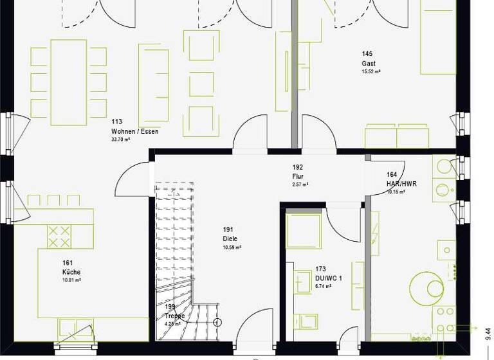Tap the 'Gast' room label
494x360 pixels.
click(369, 64)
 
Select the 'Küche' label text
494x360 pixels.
click(71, 272)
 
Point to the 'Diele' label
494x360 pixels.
click(230, 239)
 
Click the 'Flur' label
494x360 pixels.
click(298, 176)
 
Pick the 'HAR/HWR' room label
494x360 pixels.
click(401, 183)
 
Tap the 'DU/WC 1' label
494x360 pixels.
click(329, 278)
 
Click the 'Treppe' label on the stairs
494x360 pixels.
click(174, 316)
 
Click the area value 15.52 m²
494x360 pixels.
click(370, 72)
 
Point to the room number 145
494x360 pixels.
click(367, 54)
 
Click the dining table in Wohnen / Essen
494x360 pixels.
click(68, 82)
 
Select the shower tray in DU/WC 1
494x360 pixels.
click(302, 230)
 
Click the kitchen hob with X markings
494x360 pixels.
click(60, 236)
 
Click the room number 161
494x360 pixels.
click(68, 263)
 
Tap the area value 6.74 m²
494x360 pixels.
click(323, 287)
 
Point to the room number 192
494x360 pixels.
click(298, 167)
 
